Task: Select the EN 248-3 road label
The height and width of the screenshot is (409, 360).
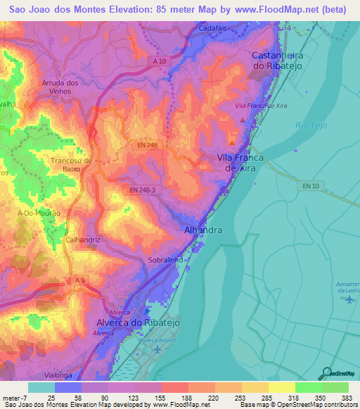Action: point(144,190)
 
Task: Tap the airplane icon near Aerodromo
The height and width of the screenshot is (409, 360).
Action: point(350,299)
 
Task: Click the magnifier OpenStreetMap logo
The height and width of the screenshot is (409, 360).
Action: point(328,373)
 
